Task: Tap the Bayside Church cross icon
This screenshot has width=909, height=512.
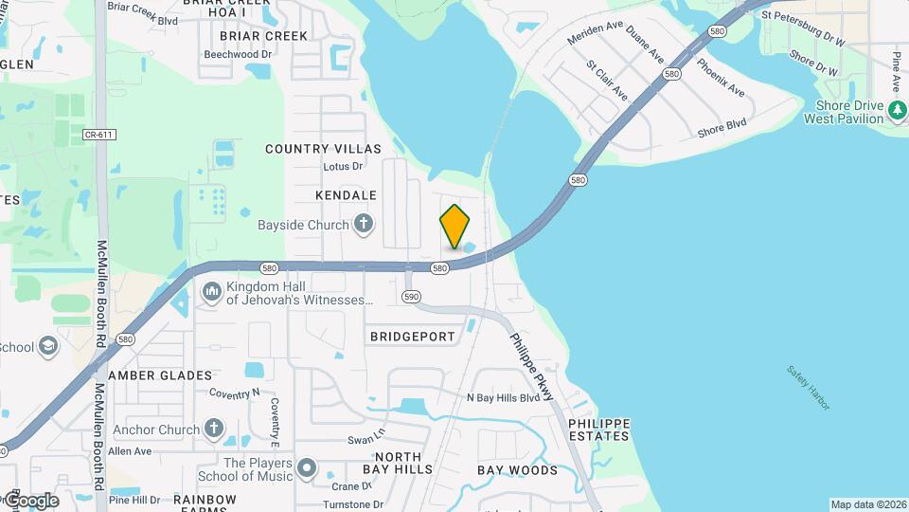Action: click(x=363, y=226)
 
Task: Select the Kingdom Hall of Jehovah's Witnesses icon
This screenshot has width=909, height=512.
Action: click(x=210, y=289)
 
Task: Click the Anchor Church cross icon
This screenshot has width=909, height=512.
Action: click(x=213, y=430)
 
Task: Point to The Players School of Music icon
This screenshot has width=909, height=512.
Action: click(x=306, y=468)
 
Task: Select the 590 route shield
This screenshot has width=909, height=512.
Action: click(x=410, y=297)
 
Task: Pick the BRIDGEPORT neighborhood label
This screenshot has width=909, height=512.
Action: click(x=412, y=337)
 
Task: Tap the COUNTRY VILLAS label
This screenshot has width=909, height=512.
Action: click(x=323, y=149)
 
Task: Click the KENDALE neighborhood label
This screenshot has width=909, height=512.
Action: click(x=346, y=195)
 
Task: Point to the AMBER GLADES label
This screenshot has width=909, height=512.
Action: click(x=160, y=375)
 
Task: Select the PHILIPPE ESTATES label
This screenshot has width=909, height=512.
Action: click(x=599, y=430)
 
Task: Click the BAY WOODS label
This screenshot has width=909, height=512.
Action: click(x=517, y=470)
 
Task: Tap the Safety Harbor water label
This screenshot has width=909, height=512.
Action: click(x=808, y=387)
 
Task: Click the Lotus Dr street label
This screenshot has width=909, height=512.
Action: click(x=343, y=167)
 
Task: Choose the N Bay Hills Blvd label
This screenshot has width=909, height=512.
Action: click(x=503, y=398)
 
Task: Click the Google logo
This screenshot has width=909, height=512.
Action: click(x=30, y=500)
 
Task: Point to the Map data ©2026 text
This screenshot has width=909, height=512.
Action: click(x=867, y=504)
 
